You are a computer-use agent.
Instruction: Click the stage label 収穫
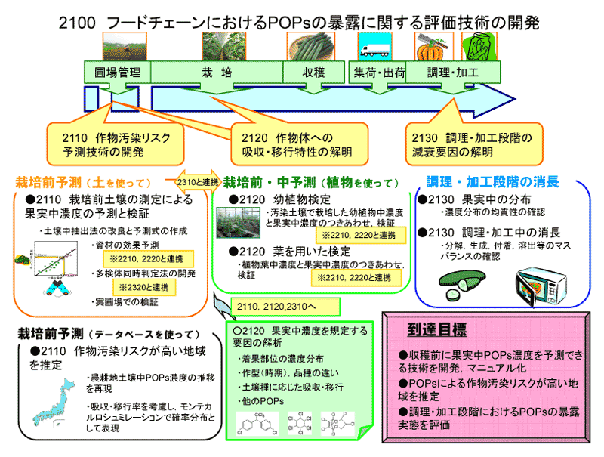click(x=313, y=73)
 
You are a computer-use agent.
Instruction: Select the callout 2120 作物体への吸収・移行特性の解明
click(x=297, y=144)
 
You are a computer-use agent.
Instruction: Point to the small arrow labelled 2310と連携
click(x=196, y=182)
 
